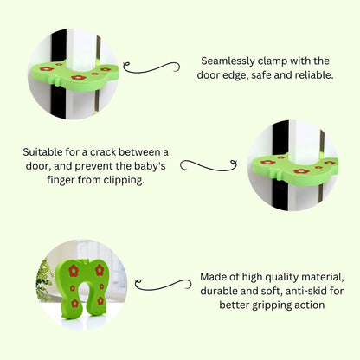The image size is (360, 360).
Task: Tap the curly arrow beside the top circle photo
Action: pos(151,68)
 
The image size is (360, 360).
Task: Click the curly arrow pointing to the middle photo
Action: pos(209,165)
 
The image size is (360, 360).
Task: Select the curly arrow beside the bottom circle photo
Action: pos(163,285)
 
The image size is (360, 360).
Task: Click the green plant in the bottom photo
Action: pos(44,281)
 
